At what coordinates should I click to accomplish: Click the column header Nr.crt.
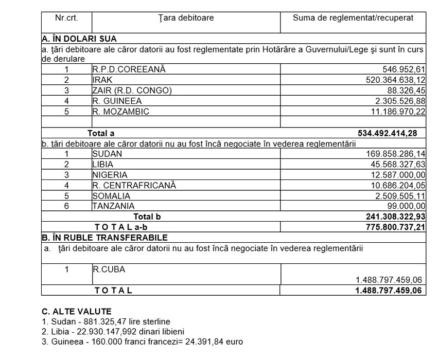click(66, 18)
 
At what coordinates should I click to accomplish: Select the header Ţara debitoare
click(186, 18)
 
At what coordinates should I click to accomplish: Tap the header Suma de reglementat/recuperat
click(353, 18)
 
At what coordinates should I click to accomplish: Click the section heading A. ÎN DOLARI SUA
click(79, 39)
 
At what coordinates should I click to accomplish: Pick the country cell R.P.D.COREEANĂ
click(129, 69)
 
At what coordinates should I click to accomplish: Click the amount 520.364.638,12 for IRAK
click(390, 80)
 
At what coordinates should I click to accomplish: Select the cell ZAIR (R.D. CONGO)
click(132, 91)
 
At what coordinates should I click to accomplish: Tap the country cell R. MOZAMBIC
click(120, 111)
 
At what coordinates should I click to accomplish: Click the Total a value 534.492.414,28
click(387, 133)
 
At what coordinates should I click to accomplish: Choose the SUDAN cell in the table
click(104, 153)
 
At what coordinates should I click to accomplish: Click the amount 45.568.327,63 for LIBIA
click(393, 164)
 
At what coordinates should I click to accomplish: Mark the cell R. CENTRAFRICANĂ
click(134, 185)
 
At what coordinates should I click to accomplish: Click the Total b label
click(147, 217)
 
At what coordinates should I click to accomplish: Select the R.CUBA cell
click(109, 269)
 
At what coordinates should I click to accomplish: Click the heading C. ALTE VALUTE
click(76, 312)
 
